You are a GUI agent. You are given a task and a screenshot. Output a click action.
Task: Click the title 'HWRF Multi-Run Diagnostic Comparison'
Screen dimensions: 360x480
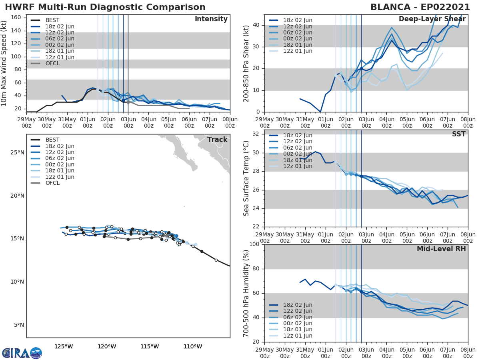[105, 7]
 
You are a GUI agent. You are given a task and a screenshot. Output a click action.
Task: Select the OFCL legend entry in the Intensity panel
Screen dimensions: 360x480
[52, 63]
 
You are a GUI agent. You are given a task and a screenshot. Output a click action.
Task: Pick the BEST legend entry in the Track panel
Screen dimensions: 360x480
[52, 140]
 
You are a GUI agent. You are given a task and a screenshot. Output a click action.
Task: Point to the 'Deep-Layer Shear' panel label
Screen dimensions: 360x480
[432, 19]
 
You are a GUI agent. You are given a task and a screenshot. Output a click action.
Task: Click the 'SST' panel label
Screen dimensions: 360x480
[459, 134]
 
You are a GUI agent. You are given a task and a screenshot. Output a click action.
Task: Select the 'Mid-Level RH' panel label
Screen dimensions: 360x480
[441, 249]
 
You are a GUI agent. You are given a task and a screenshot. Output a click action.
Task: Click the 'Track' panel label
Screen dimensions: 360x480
[217, 140]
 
